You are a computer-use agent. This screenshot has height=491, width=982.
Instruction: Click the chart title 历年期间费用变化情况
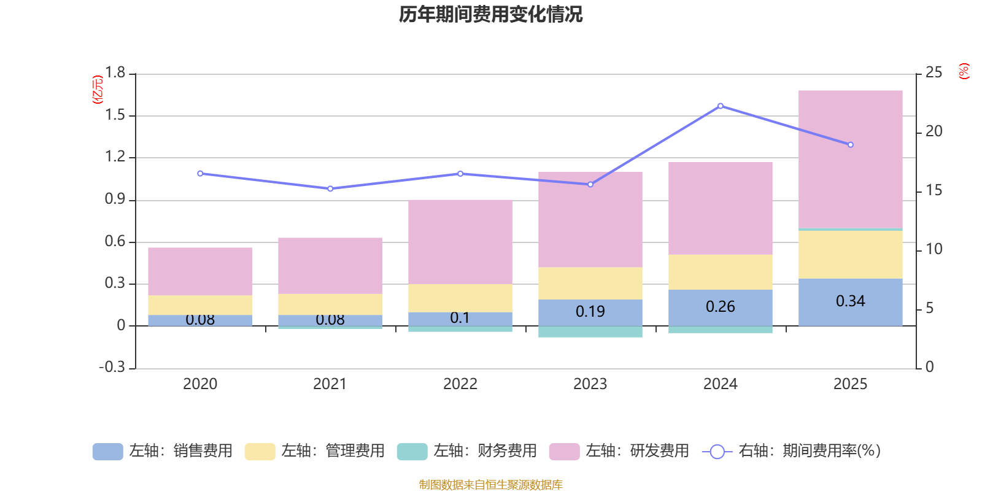(x=490, y=14)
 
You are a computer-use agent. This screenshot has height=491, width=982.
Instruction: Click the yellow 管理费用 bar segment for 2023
(x=590, y=283)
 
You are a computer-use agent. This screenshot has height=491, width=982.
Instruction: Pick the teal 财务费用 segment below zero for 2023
(x=590, y=331)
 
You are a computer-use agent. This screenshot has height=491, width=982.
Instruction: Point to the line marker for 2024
(x=720, y=106)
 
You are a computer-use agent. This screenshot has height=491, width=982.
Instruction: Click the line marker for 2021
(x=330, y=189)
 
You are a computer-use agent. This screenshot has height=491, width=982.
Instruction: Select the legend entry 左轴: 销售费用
(x=163, y=451)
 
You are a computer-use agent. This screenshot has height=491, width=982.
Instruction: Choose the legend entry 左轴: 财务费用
(x=467, y=451)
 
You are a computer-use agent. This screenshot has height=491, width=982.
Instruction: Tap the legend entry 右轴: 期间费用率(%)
(x=792, y=451)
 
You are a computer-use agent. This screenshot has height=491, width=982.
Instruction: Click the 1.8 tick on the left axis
(x=115, y=73)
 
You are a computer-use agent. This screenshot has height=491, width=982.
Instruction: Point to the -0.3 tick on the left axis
(x=112, y=367)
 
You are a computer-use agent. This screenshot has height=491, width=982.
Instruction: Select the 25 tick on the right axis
(x=934, y=73)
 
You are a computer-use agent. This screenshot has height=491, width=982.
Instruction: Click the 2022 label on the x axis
(x=460, y=384)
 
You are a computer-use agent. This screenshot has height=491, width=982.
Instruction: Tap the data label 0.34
(x=850, y=301)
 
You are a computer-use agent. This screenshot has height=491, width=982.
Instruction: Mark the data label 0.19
(x=590, y=312)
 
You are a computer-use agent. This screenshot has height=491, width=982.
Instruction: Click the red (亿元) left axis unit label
(x=97, y=90)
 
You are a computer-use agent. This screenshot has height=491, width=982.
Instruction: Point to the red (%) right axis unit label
(x=964, y=71)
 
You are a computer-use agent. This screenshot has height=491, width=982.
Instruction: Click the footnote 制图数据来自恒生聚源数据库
(x=490, y=485)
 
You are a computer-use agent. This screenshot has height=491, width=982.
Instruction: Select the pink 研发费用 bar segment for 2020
(x=200, y=271)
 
